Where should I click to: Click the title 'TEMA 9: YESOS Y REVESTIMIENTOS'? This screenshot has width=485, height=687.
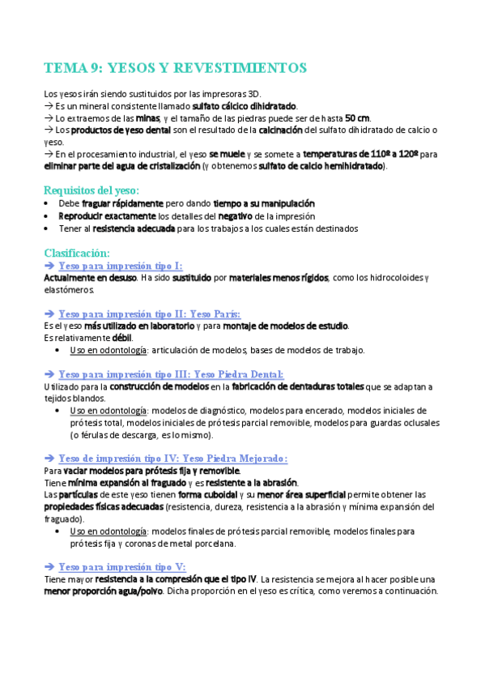pos(175,67)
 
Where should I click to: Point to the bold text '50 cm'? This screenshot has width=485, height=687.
pos(357,118)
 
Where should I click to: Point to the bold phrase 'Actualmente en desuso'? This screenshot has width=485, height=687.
pos(89,278)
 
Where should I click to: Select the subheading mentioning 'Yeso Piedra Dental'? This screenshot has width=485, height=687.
pos(171,373)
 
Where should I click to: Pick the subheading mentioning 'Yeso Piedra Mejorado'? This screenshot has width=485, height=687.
pos(172,458)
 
